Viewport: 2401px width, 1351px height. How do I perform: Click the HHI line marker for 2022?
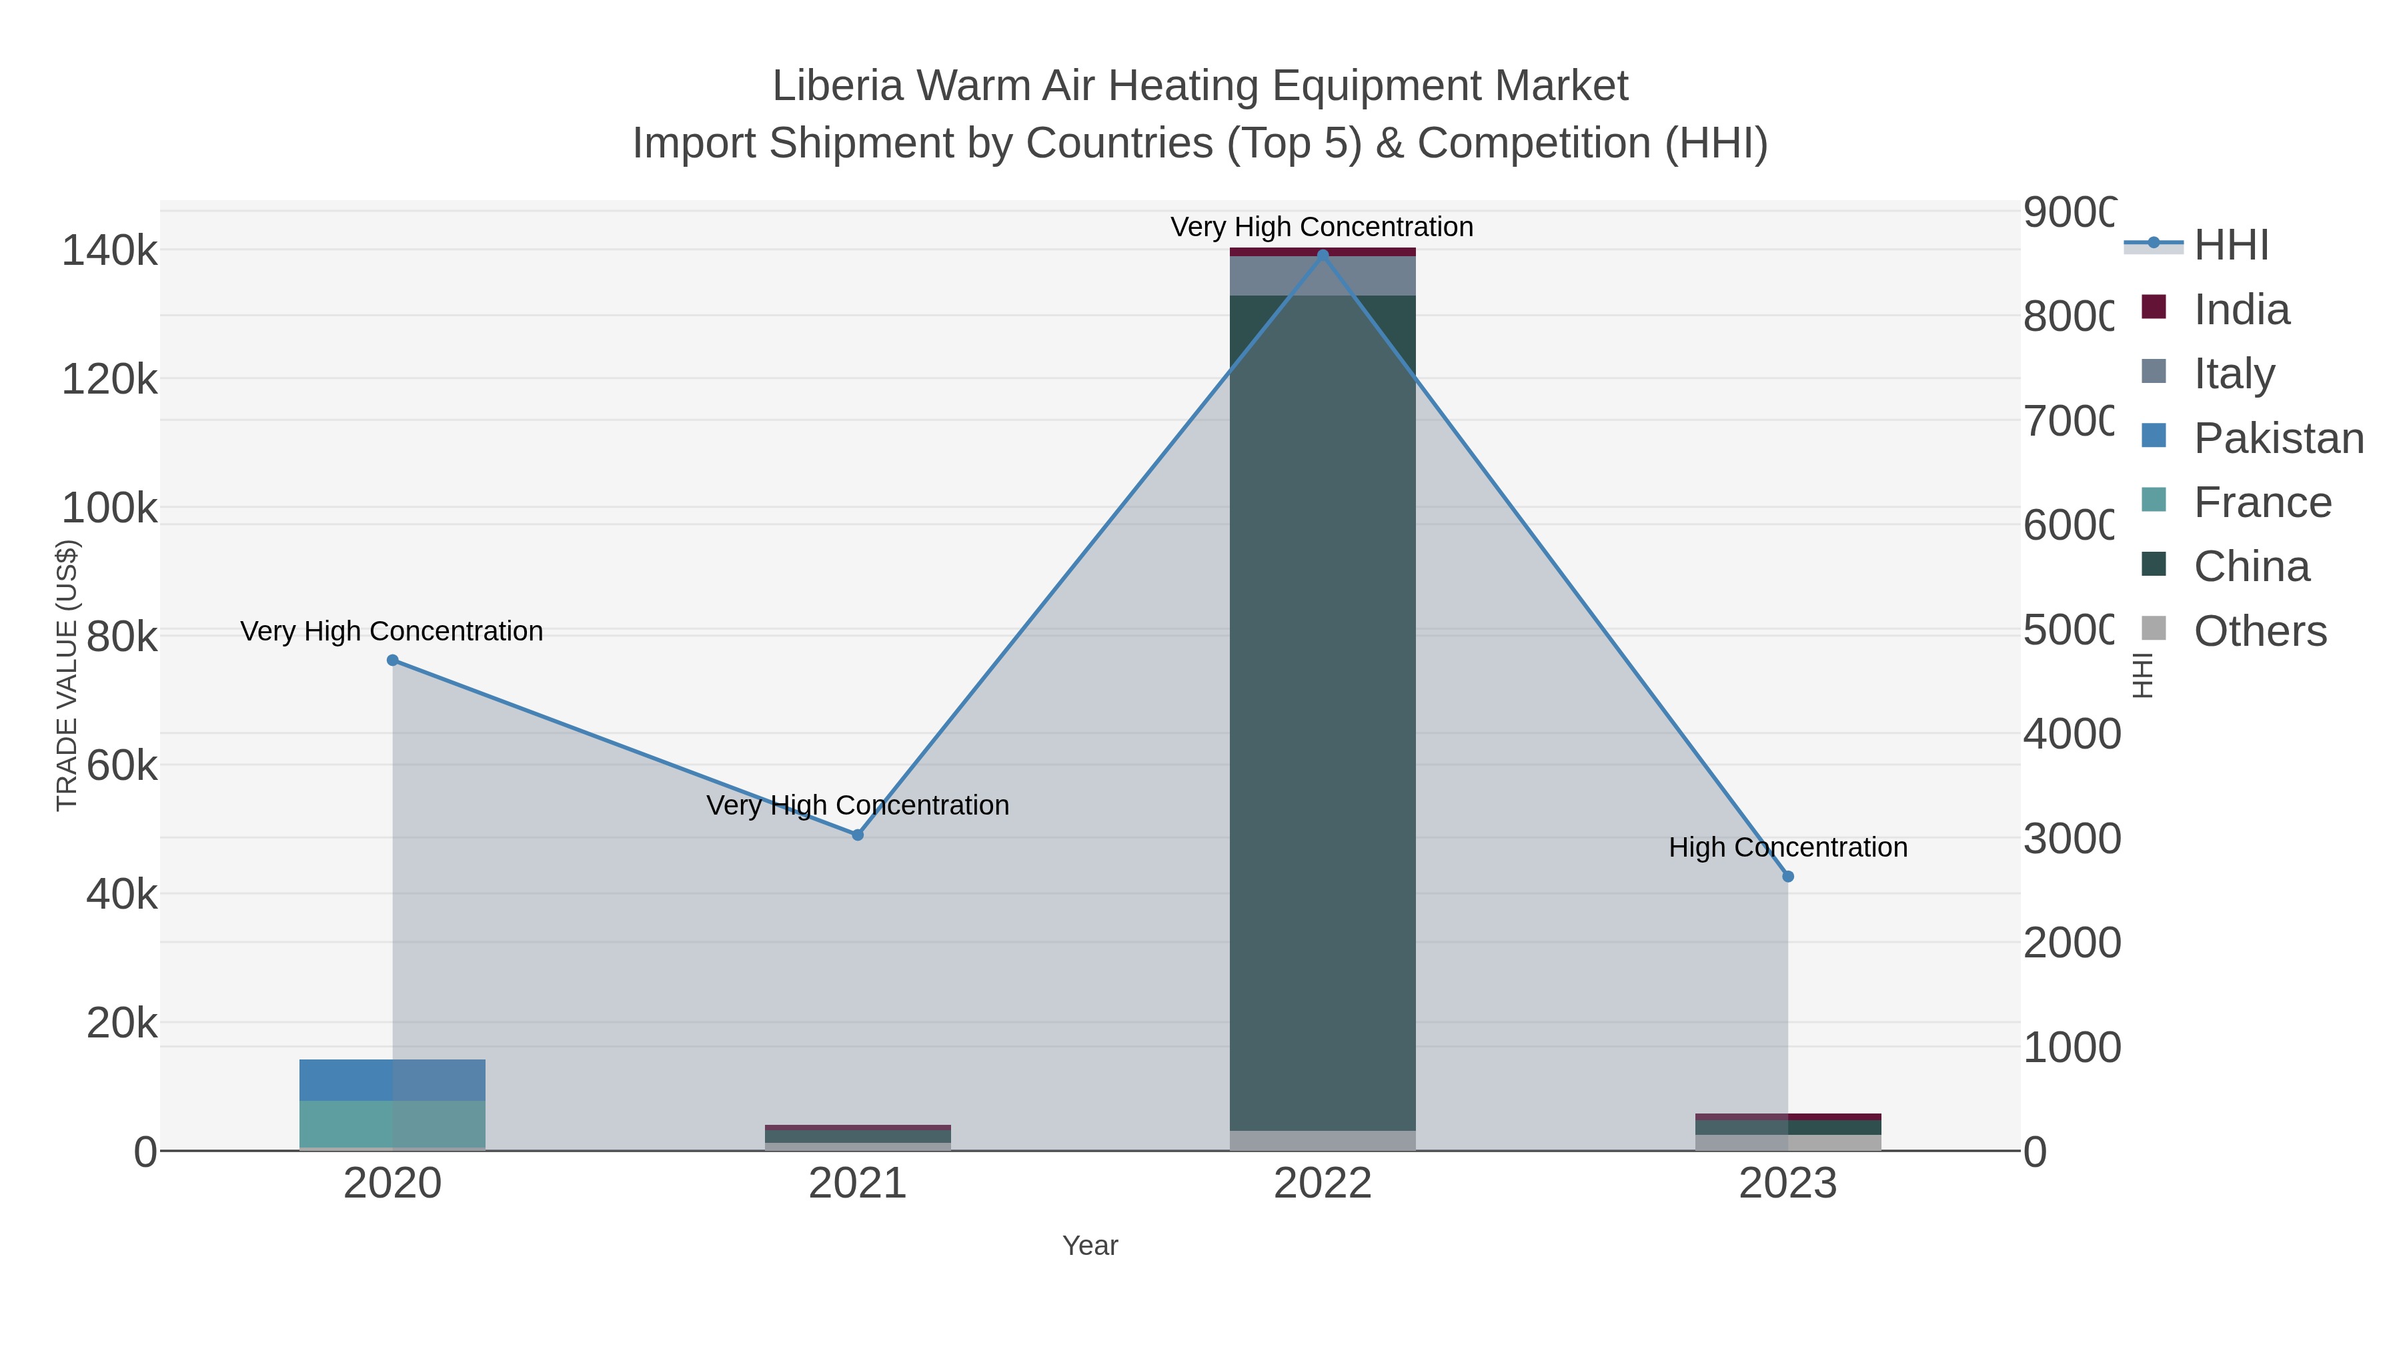click(x=1322, y=255)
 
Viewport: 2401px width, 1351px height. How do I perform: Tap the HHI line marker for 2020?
click(x=392, y=660)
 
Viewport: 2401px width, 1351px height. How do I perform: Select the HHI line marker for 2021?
click(x=858, y=835)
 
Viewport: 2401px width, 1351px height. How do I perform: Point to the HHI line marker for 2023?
click(x=1787, y=877)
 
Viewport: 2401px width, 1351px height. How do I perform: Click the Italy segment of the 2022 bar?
click(x=1322, y=276)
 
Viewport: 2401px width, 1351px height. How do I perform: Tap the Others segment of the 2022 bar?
click(x=1322, y=1140)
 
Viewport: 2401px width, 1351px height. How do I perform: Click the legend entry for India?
click(x=2241, y=310)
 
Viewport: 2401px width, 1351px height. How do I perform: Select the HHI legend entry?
click(x=2230, y=246)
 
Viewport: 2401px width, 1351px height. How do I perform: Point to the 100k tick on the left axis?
click(x=109, y=508)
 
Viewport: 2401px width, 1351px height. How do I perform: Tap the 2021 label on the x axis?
click(x=858, y=1184)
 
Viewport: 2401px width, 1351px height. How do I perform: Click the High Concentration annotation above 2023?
click(x=1787, y=847)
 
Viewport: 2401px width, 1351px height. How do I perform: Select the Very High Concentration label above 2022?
click(x=1322, y=228)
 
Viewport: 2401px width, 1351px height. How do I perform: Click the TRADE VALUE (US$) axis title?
click(x=67, y=675)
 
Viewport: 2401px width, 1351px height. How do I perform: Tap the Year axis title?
click(x=1090, y=1246)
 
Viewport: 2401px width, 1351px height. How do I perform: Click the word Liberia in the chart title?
click(x=838, y=87)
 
